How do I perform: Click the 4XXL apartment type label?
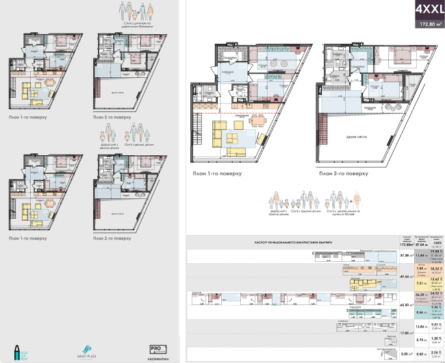424,11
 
